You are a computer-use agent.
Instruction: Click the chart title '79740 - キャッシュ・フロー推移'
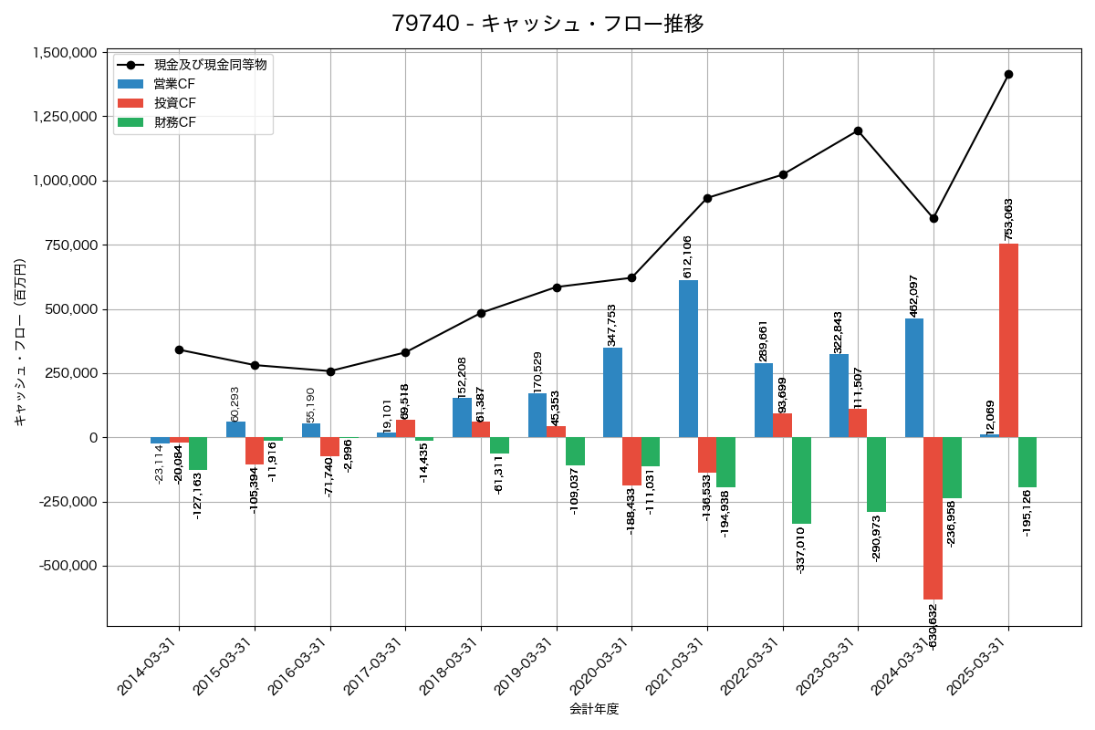(547, 24)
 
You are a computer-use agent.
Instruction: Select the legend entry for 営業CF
(174, 84)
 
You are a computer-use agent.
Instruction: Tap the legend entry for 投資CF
(174, 103)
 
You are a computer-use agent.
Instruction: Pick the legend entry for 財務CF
(174, 122)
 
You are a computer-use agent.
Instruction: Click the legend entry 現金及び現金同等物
(210, 65)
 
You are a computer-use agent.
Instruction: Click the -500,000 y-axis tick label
(68, 566)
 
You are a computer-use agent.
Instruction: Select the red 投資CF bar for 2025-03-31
(1008, 340)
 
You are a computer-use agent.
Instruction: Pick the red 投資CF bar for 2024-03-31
(933, 518)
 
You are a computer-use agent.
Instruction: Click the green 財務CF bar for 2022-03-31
(801, 480)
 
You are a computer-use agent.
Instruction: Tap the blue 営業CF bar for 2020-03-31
(612, 392)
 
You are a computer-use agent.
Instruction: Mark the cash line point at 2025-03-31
(1008, 75)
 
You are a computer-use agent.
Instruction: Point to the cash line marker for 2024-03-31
(933, 218)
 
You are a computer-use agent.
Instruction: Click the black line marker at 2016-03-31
(330, 371)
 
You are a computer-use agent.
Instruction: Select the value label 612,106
(687, 256)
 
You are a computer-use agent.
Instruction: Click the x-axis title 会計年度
(594, 709)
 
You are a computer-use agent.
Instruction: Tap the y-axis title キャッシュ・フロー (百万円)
(20, 342)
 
